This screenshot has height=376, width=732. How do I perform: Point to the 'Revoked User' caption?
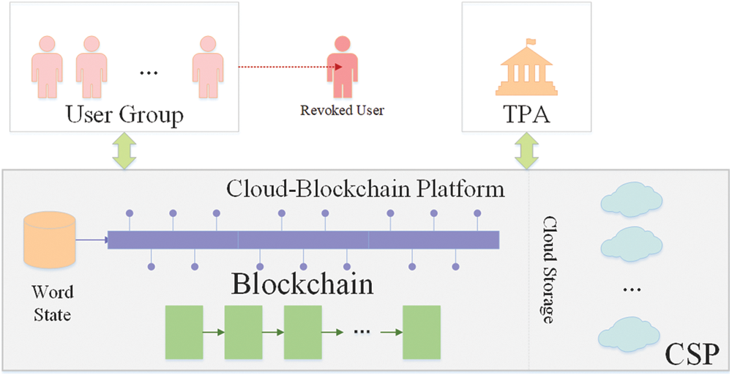coord(342,111)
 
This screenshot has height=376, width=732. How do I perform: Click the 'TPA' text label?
coord(525,115)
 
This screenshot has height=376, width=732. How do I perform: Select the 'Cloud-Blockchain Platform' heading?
coord(365,189)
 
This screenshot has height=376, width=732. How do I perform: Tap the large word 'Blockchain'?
coord(302,284)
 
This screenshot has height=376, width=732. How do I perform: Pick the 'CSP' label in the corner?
coord(692,355)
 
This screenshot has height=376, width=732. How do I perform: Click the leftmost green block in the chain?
coord(184,332)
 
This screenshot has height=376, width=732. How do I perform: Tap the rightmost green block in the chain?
coord(422,332)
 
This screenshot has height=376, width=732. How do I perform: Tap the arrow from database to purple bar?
coord(92,238)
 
